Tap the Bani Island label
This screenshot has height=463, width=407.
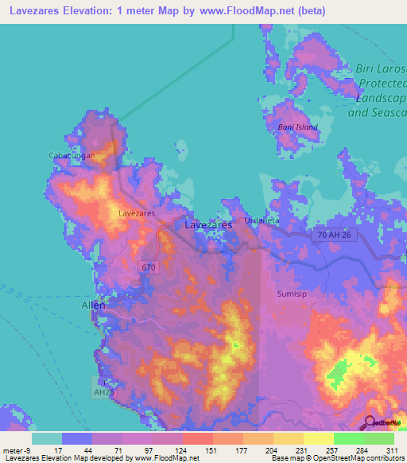[x=297, y=127]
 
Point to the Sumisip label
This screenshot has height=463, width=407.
[x=291, y=294]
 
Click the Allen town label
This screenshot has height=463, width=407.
[x=94, y=305]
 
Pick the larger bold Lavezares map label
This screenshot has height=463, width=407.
[x=208, y=225]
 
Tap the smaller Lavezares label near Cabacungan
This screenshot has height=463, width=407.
[x=136, y=213]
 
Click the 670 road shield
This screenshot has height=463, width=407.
[x=149, y=267]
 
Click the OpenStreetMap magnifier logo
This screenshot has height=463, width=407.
[x=370, y=423]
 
